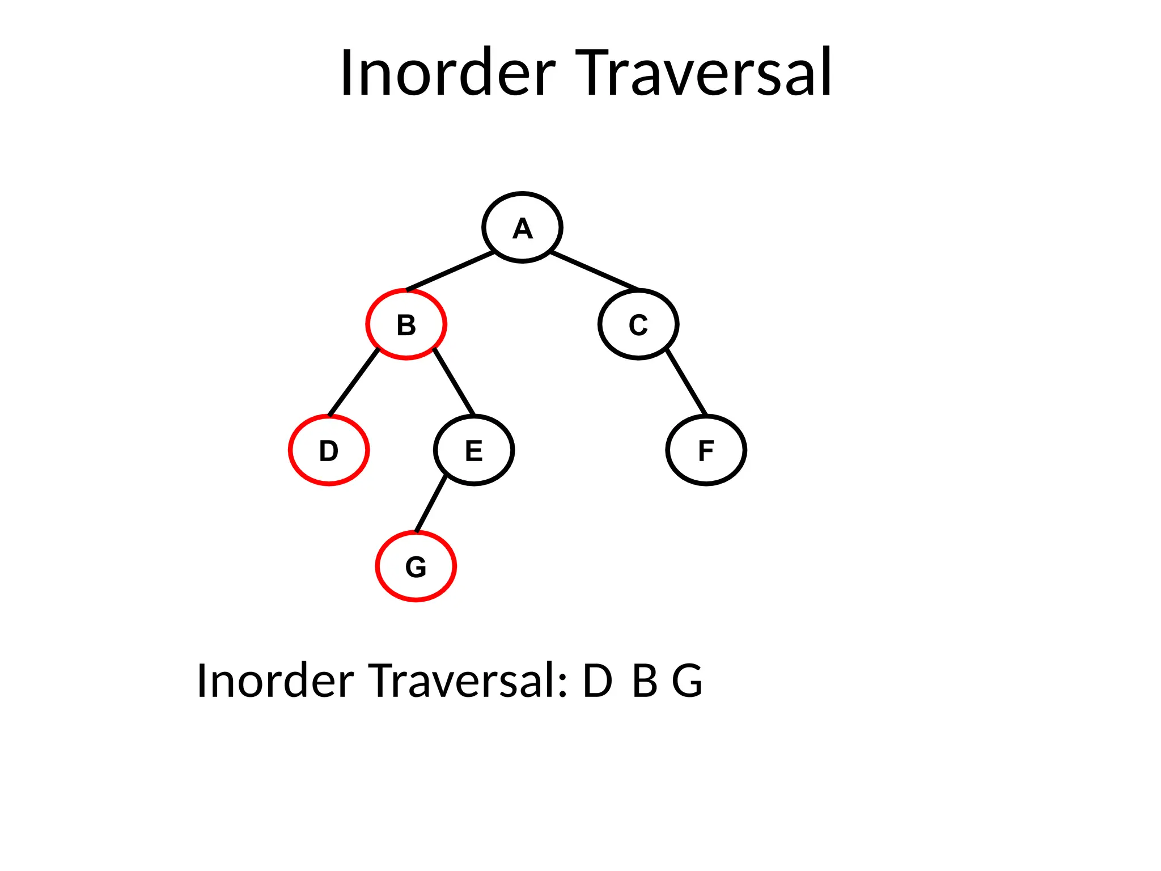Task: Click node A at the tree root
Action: coord(522,227)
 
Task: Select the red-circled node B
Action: coord(406,324)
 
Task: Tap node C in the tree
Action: coord(638,324)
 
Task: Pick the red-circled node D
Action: coord(329,450)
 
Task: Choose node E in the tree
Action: coord(474,450)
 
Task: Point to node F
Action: coord(706,450)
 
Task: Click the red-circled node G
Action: coord(416,566)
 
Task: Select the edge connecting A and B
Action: coord(451,271)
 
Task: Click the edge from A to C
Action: coord(594,270)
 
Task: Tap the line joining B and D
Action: coord(354,383)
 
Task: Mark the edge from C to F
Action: coord(687,382)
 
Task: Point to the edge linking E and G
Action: coord(431,505)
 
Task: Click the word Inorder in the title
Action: coord(448,74)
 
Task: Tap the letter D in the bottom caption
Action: coord(598,680)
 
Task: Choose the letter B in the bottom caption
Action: coord(645,680)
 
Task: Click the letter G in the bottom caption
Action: coord(687,680)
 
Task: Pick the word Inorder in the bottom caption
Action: coord(276,680)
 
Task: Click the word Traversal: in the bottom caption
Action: coord(468,680)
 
